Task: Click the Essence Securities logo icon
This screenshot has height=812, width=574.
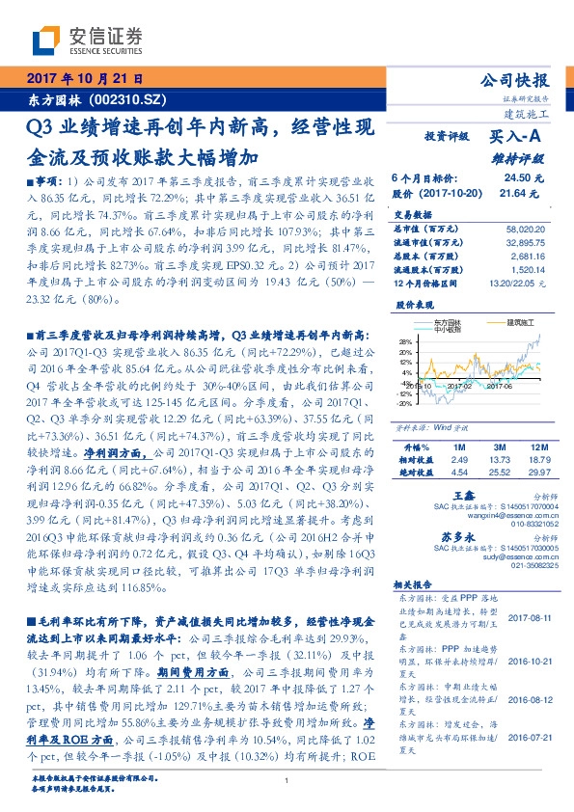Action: point(46,41)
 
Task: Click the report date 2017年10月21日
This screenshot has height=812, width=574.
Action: point(84,79)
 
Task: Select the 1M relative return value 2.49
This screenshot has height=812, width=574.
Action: point(460,460)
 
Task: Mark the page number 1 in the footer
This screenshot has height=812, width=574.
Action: point(287,781)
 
